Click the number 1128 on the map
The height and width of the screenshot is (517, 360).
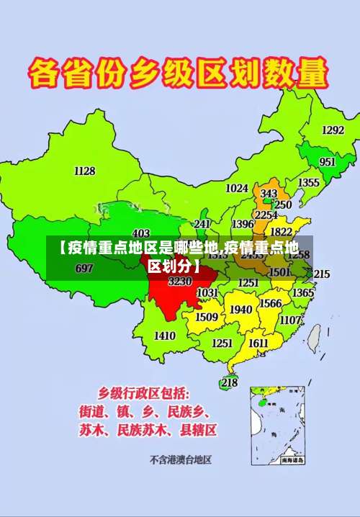coord(84,171)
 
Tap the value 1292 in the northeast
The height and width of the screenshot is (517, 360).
coord(332,130)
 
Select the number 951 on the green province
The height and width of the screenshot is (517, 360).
coord(327,162)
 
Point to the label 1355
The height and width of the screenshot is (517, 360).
coord(309,183)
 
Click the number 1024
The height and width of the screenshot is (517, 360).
coord(236,188)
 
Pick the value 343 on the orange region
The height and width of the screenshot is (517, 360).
coord(269,194)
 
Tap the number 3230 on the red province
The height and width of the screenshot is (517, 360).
coord(179,281)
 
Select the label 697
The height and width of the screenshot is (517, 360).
coord(84,269)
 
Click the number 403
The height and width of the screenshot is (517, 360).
coord(141,233)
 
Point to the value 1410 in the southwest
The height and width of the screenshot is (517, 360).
coord(164,336)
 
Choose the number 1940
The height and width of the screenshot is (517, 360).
coord(240,310)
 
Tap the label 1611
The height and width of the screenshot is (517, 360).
coord(258,343)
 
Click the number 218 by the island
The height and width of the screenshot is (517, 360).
coord(229,382)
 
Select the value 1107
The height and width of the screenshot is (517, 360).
coord(290,320)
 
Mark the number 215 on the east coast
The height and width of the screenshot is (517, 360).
coord(321,274)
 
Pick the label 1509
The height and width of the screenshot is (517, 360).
coord(206,317)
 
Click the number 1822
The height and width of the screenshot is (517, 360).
coord(281,232)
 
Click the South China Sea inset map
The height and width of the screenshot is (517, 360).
coord(277,425)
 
